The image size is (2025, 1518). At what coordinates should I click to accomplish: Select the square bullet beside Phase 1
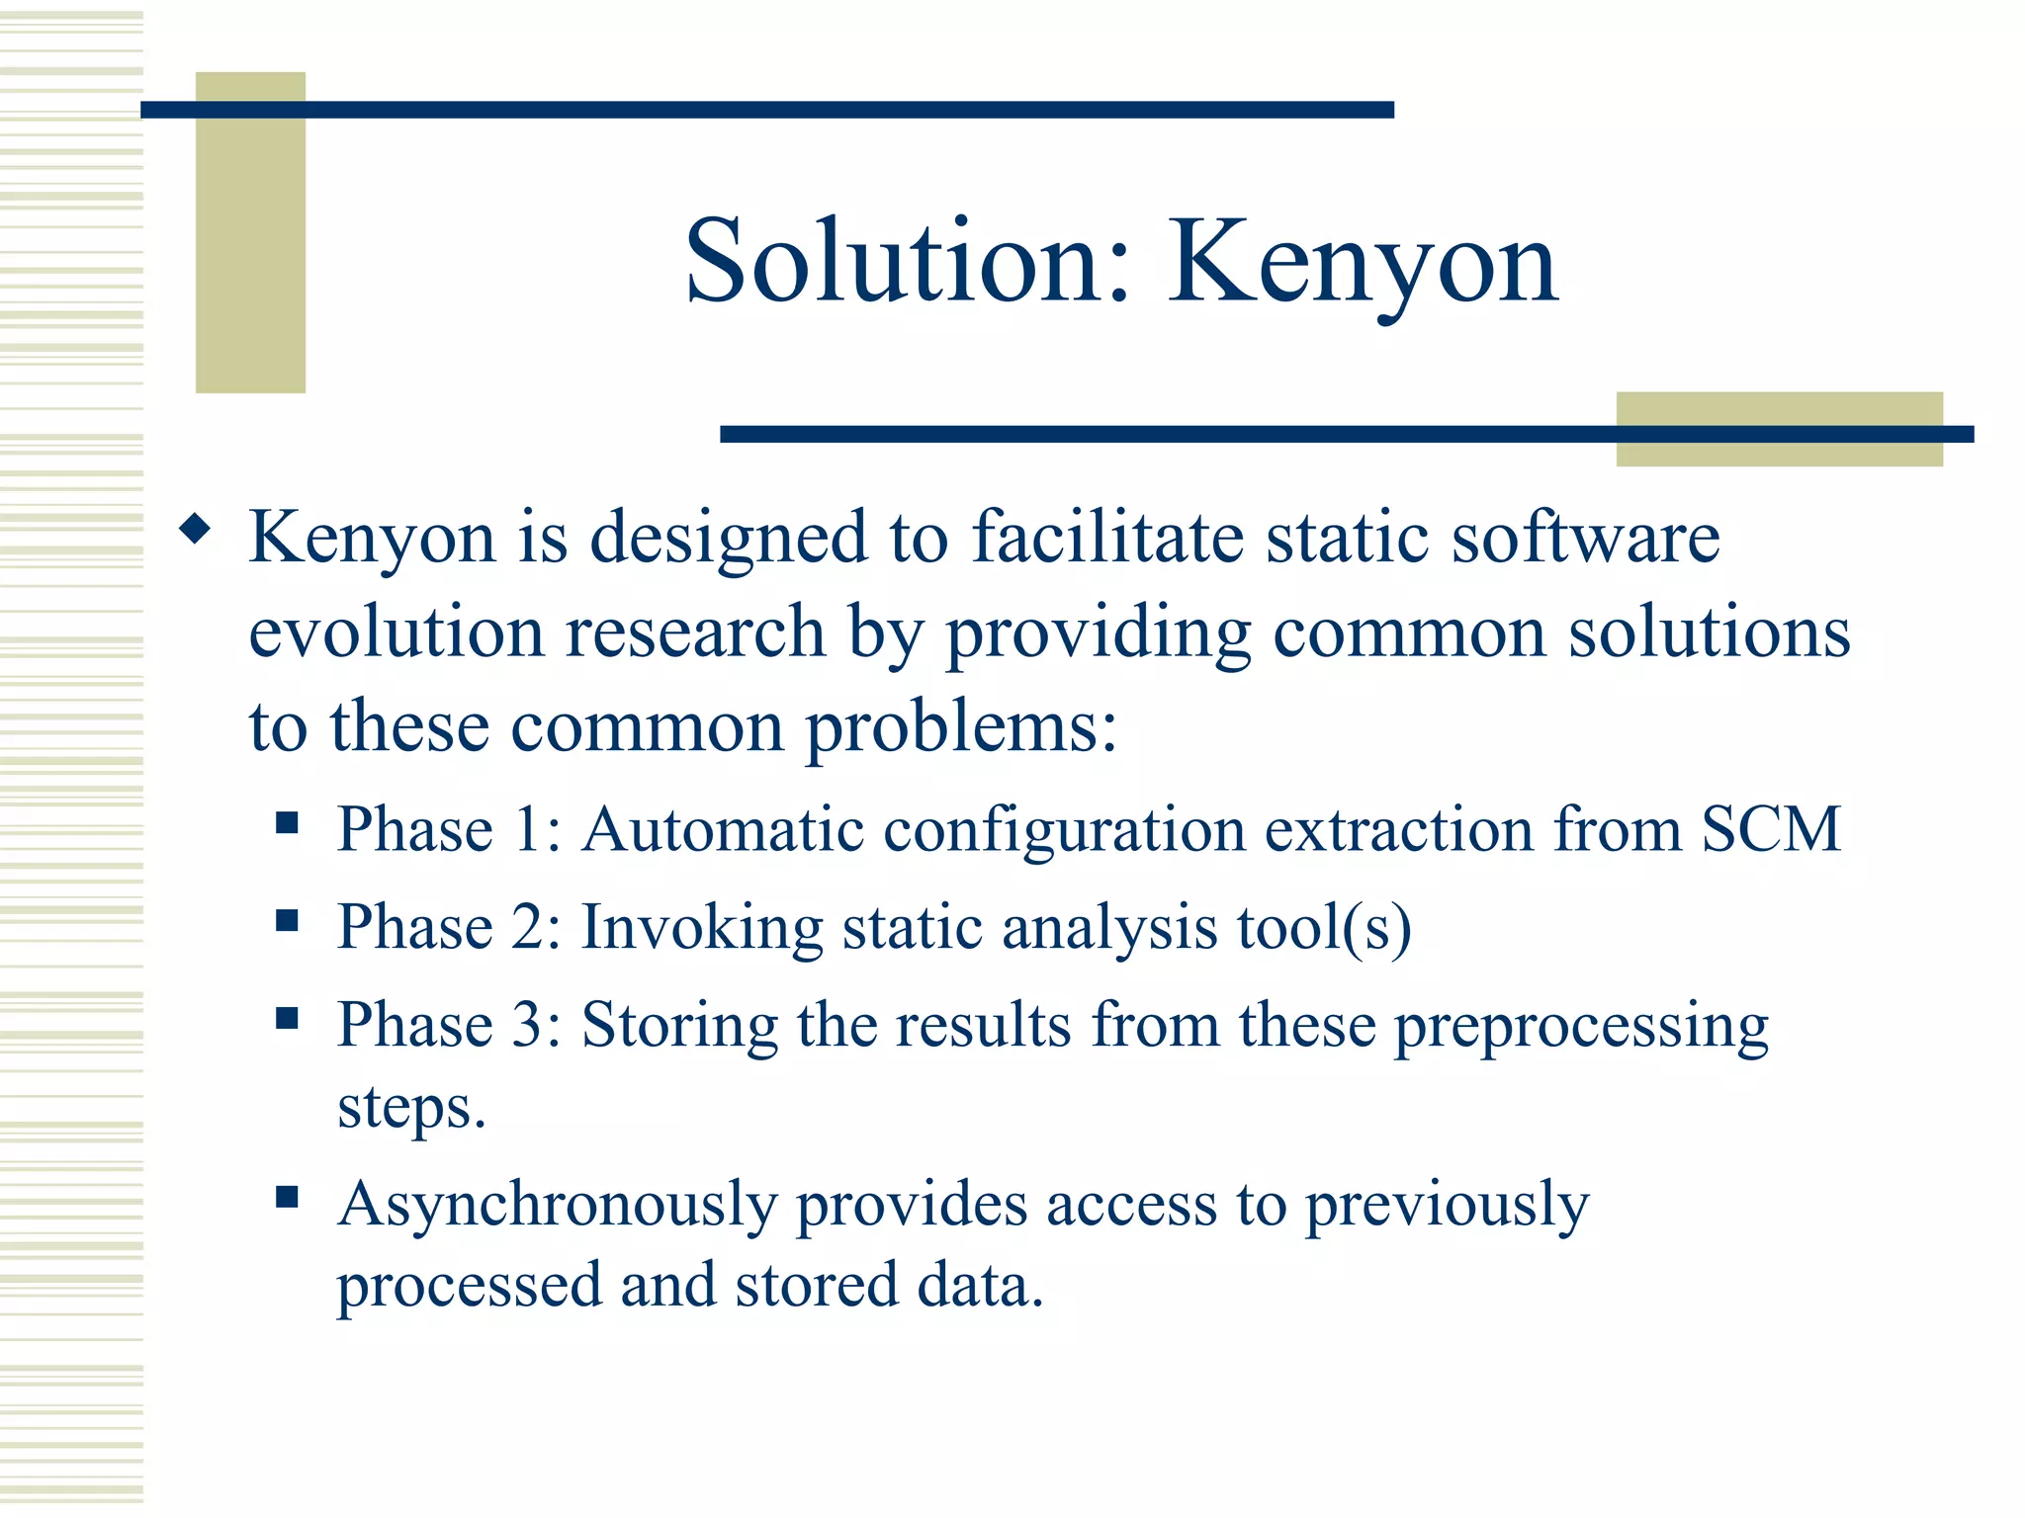point(288,822)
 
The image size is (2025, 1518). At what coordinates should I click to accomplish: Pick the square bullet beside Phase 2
point(288,921)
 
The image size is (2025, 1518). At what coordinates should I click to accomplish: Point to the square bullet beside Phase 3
point(288,1018)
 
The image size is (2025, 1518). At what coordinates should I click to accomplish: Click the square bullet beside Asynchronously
point(288,1198)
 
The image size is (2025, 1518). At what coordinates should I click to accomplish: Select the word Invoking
point(702,928)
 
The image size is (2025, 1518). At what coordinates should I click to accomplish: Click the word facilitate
point(1107,539)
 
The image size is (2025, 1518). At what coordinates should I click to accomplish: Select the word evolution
point(396,632)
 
